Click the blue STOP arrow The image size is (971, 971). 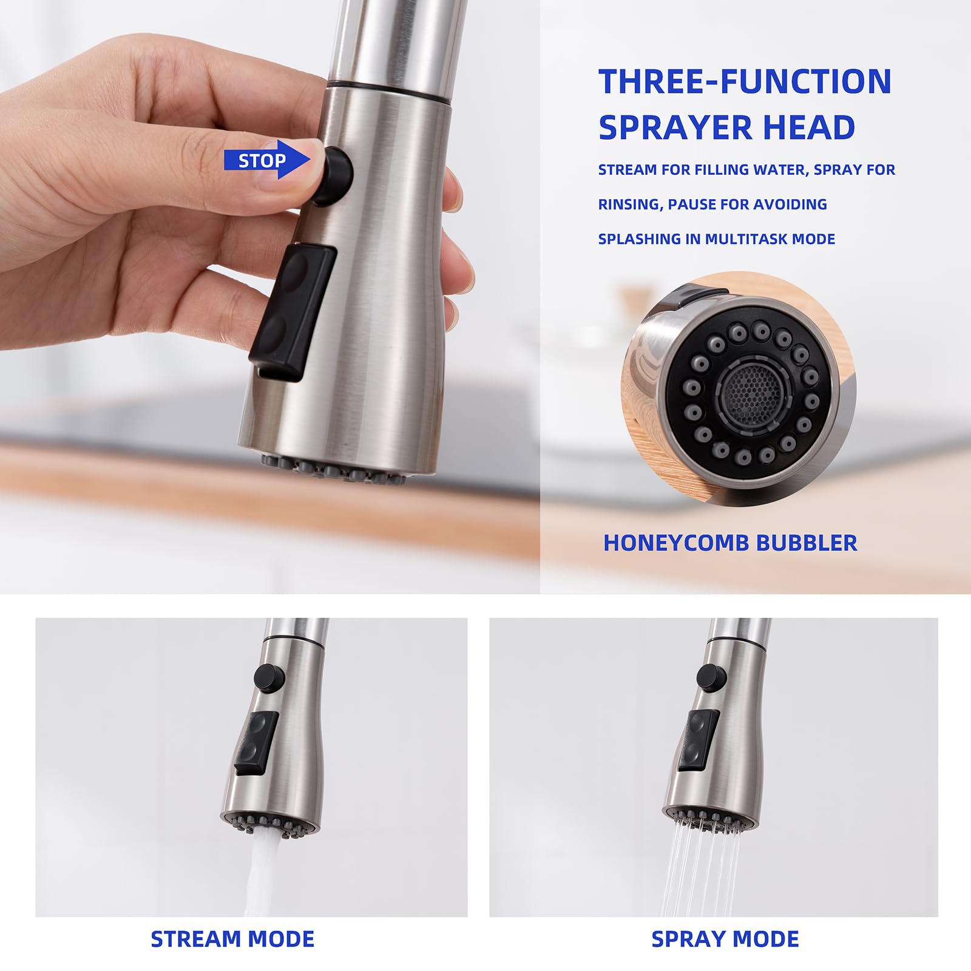point(267,160)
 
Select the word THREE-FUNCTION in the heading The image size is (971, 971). point(745,81)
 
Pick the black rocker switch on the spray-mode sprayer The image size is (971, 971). point(698,740)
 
